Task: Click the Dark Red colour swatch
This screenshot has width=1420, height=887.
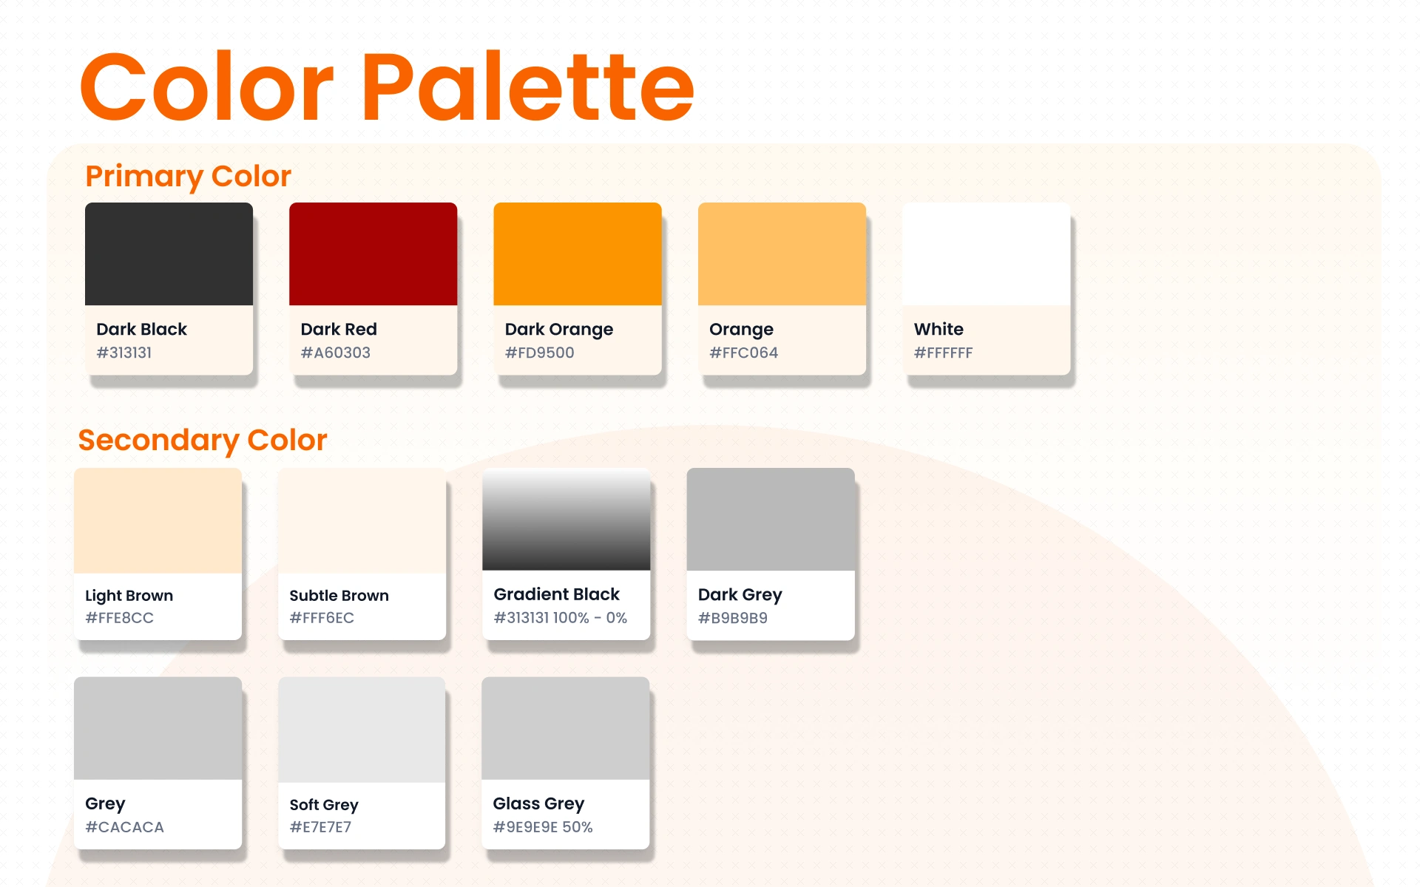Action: (373, 254)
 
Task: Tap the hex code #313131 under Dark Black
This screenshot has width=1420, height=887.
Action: (124, 353)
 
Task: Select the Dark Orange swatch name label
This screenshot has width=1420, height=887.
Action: (559, 330)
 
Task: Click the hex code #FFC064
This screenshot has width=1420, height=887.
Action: (743, 353)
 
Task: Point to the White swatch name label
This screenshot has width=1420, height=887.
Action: (939, 329)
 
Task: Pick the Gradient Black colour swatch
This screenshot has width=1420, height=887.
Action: (566, 519)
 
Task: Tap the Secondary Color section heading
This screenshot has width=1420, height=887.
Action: (202, 441)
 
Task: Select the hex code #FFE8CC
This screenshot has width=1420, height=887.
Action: (119, 618)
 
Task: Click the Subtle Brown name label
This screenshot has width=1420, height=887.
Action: (339, 596)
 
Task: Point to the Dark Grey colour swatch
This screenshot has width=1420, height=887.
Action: (771, 519)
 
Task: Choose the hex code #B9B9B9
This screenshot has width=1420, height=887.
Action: (732, 618)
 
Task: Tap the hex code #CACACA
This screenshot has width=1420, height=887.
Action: (124, 827)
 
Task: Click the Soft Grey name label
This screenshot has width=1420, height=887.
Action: (324, 805)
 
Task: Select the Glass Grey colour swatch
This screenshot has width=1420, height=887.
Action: (566, 728)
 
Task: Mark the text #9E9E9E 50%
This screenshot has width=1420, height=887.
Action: (543, 827)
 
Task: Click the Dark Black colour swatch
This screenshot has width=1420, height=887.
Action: (169, 254)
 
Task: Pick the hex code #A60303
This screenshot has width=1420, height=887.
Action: (335, 353)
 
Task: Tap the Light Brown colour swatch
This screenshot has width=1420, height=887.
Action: (158, 520)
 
